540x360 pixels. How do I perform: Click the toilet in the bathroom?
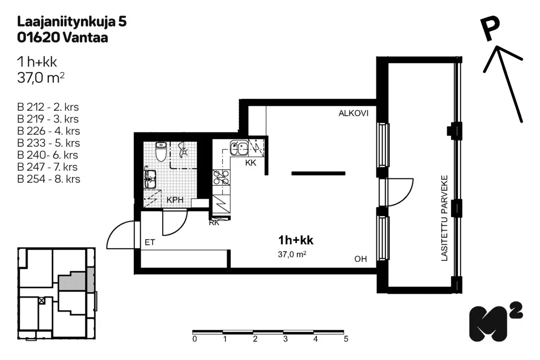pos(161,152)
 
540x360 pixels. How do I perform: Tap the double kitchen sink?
pos(239,148)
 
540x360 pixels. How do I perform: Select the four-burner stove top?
pos(221,177)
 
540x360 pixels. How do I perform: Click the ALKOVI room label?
pos(353,113)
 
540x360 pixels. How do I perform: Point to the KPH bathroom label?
pos(175,200)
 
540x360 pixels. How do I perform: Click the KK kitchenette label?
pos(251,163)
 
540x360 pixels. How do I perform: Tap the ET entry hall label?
pos(150,242)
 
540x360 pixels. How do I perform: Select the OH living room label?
pos(360,259)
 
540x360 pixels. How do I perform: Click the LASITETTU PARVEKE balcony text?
pos(444,218)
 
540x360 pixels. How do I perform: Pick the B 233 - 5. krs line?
pos(49,143)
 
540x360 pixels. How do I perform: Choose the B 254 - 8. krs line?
pos(49,179)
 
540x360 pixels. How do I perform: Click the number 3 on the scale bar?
pos(285,339)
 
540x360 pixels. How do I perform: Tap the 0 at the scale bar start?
pos(194,339)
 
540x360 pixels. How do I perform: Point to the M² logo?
pos(496,321)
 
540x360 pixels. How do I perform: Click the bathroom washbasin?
pos(150,179)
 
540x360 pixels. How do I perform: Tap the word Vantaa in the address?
pos(85,38)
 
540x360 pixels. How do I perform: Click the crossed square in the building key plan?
pos(42,301)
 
